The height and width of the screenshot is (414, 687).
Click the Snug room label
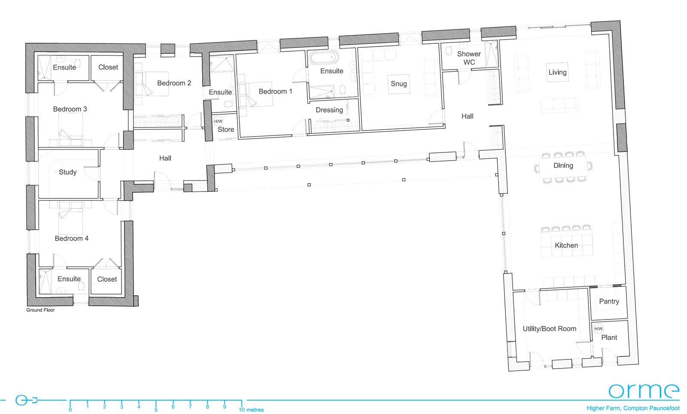(399, 84)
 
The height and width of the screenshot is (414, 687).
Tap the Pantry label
(609, 301)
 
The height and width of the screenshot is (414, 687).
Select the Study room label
(68, 172)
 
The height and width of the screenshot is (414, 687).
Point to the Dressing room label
(329, 110)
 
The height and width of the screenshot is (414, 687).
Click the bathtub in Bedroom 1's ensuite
(324, 58)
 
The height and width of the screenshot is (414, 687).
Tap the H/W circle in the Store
(219, 122)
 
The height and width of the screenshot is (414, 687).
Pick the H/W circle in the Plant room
(599, 329)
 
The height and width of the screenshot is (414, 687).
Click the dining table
(563, 167)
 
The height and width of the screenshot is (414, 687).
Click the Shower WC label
(469, 58)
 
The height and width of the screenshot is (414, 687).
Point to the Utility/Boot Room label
(550, 329)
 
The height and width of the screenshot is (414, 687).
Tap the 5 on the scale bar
(156, 410)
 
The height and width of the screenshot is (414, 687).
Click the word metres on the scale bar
(255, 410)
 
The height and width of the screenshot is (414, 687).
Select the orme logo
(644, 390)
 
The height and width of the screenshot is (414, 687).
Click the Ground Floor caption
(40, 310)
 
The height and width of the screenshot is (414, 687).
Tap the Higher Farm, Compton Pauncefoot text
(633, 408)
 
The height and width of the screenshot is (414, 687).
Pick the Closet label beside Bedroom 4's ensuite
(107, 280)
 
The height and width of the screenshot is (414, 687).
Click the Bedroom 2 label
(174, 83)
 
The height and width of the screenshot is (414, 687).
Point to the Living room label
(558, 73)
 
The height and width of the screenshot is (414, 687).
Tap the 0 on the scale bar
(70, 410)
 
